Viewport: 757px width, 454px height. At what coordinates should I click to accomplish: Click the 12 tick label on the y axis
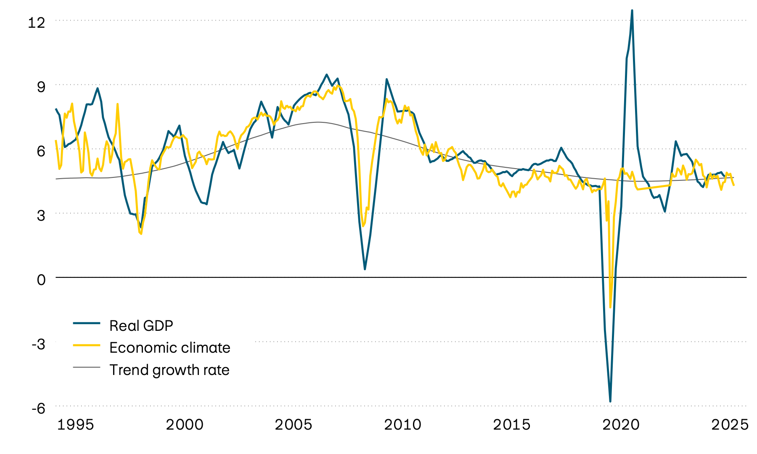[36, 22]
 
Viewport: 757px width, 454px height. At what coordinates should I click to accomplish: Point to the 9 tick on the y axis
[41, 87]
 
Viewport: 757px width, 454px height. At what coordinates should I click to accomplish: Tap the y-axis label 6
[41, 151]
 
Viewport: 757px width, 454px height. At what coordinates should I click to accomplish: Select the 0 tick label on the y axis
[41, 279]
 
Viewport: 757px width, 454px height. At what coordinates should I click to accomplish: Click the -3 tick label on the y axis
[38, 344]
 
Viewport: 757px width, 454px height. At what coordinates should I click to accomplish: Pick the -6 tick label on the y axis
[38, 408]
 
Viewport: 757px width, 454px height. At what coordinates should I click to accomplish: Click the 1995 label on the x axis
[75, 425]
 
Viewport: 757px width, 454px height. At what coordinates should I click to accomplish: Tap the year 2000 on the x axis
[184, 425]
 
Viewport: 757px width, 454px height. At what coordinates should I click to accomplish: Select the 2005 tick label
[294, 425]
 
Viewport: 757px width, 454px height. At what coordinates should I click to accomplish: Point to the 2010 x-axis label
[402, 425]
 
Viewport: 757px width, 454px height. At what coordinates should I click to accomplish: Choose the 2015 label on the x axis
[511, 425]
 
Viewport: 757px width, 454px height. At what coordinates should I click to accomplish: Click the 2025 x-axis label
[730, 425]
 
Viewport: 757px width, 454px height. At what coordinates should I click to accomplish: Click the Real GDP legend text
[141, 325]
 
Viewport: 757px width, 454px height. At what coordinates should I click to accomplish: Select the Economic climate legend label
[169, 348]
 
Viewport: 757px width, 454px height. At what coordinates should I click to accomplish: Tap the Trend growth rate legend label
[169, 370]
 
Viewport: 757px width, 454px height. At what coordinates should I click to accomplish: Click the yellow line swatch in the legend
[87, 345]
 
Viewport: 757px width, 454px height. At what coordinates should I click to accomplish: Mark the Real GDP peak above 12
[632, 11]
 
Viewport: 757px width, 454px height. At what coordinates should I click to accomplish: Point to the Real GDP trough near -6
[610, 401]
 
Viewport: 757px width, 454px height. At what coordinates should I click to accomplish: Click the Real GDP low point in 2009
[365, 269]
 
